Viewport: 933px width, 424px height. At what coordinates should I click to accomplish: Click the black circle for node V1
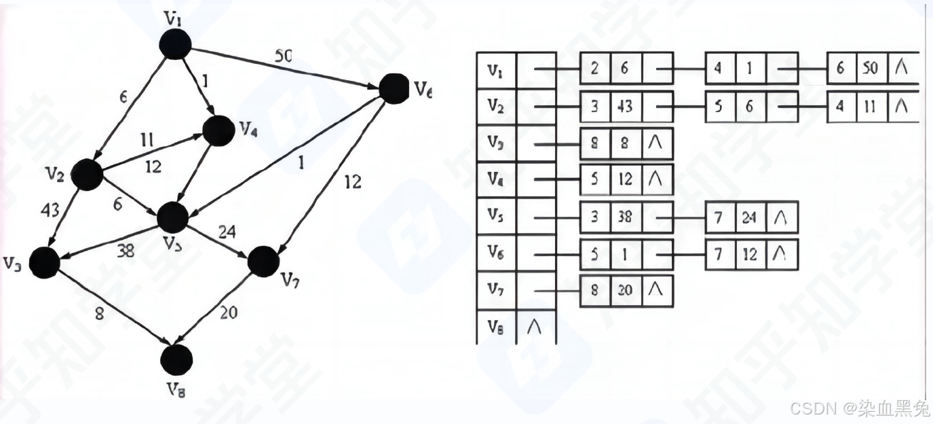click(175, 44)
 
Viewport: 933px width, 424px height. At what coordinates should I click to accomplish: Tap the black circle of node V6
click(393, 89)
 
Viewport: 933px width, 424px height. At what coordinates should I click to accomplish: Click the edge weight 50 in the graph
click(284, 56)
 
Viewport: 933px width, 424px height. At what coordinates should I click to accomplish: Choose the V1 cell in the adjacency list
click(496, 71)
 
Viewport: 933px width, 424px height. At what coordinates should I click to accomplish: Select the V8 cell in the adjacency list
click(496, 329)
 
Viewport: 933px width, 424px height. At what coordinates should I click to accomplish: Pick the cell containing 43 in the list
click(625, 107)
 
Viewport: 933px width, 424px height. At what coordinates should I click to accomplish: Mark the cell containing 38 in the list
click(625, 217)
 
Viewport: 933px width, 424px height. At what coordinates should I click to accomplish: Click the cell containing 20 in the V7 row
click(625, 291)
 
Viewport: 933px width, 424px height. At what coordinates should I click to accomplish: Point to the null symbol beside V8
click(536, 329)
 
